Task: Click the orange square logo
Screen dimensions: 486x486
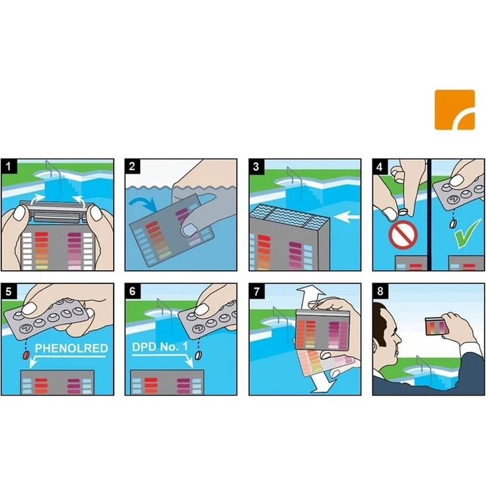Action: (x=454, y=110)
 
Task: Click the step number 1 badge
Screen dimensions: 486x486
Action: (x=9, y=166)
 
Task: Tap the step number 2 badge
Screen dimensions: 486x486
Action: (x=132, y=166)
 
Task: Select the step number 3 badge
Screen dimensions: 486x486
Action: (x=256, y=166)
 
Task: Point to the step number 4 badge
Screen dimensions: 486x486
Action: (x=380, y=167)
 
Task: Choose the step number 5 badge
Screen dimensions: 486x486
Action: (x=9, y=291)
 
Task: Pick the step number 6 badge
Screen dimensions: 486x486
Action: (x=132, y=291)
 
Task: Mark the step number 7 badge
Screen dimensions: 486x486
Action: (x=256, y=291)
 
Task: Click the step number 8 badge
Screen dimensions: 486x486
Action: (x=380, y=291)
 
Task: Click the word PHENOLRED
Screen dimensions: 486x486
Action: (x=71, y=348)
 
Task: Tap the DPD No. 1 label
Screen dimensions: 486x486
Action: (x=160, y=347)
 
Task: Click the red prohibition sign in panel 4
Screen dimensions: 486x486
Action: (x=403, y=234)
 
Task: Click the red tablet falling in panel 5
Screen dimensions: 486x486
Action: (x=26, y=355)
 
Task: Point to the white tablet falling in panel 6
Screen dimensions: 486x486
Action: (x=198, y=355)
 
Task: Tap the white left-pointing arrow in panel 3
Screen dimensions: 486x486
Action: (x=347, y=217)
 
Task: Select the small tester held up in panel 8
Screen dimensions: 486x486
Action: (x=435, y=326)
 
